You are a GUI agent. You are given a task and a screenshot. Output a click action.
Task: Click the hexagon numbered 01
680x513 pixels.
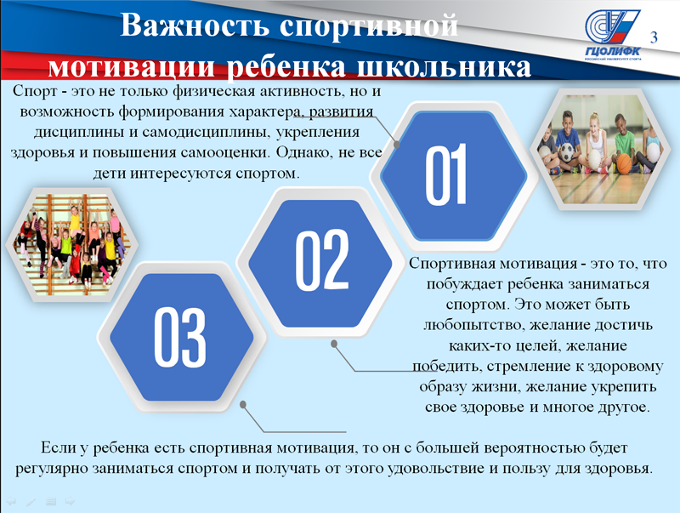(x=454, y=175)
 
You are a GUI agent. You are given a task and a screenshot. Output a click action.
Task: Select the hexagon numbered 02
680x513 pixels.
(x=320, y=263)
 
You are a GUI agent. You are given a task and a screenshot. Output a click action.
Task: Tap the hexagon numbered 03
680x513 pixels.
(x=181, y=337)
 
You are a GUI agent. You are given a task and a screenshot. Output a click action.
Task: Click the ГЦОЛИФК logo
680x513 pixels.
(x=612, y=35)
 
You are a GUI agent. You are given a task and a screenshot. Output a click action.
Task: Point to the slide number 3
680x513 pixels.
(x=654, y=37)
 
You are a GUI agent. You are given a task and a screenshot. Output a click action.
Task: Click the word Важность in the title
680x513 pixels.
(x=195, y=26)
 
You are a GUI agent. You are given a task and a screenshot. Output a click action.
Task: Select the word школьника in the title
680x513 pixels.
(x=444, y=67)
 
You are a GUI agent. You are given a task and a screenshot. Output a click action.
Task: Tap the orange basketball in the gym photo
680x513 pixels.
(x=624, y=164)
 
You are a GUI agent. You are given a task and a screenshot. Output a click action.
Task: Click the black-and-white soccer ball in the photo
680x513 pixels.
(x=566, y=152)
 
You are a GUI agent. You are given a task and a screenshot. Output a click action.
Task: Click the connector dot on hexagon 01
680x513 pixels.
(x=396, y=145)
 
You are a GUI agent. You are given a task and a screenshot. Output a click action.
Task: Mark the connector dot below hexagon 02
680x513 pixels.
(x=334, y=344)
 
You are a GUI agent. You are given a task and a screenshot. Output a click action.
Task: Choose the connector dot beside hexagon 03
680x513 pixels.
(x=243, y=404)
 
